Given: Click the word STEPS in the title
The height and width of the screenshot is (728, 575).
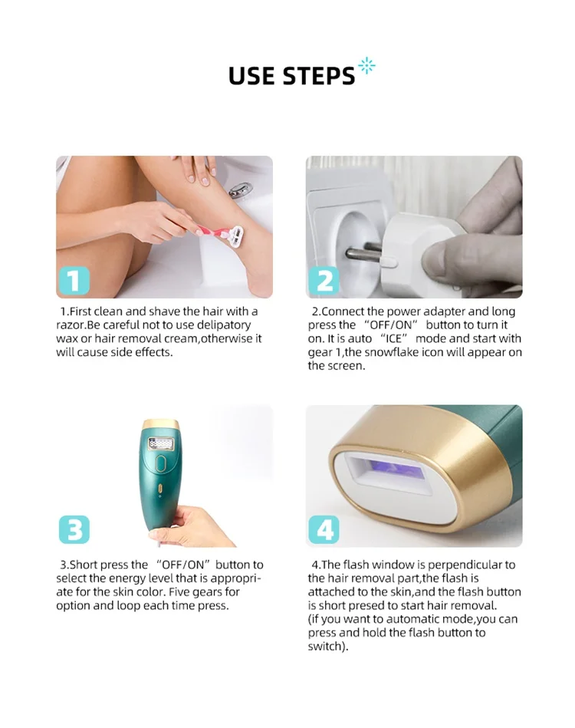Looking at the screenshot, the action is tap(318, 76).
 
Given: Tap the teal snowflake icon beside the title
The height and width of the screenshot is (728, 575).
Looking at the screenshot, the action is tap(366, 66).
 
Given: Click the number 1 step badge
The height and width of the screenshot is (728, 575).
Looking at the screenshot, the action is tap(74, 281).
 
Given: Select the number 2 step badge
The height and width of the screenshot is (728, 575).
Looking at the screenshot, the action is tap(324, 281).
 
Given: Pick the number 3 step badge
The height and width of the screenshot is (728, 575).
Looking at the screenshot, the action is tap(74, 529).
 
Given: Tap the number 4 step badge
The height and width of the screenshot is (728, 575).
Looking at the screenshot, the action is tap(324, 529).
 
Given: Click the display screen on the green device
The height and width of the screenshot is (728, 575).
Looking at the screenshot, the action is tap(160, 444).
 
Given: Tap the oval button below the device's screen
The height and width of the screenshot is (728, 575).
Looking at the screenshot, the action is tap(160, 463).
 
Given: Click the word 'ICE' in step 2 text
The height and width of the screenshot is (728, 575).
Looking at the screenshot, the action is tap(394, 338).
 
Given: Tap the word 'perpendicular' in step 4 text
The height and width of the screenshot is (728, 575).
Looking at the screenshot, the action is tap(455, 565).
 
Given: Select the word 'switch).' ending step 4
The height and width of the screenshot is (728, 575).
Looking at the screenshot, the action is tap(328, 646).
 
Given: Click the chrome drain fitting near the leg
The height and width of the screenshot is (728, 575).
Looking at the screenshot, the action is tap(241, 189).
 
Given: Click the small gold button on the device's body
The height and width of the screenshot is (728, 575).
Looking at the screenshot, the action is tap(160, 489).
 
